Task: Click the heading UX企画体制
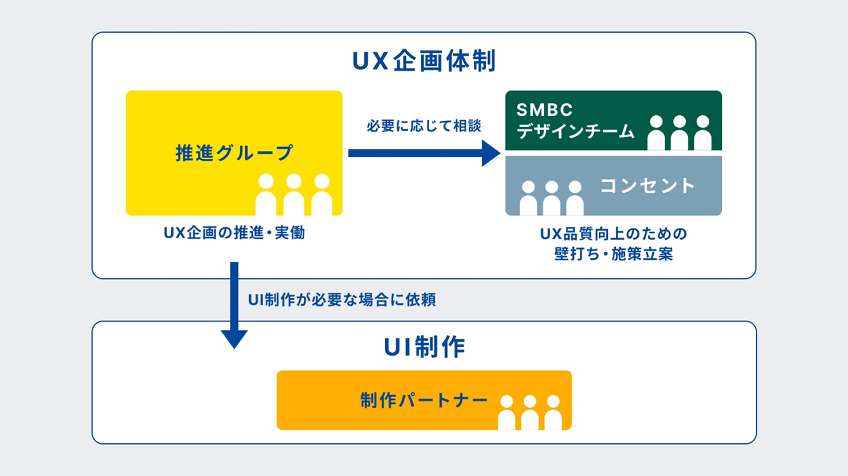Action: click(x=423, y=61)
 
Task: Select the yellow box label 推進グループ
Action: click(x=234, y=153)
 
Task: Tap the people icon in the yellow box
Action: click(x=293, y=195)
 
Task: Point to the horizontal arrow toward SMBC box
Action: click(x=424, y=153)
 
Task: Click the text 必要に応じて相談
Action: click(x=423, y=126)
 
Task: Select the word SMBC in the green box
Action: click(x=544, y=110)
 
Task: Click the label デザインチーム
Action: click(x=575, y=132)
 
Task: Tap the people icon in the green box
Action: click(x=679, y=133)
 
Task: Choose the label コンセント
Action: click(x=647, y=186)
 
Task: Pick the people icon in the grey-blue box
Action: click(x=551, y=198)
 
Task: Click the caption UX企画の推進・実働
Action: click(x=234, y=233)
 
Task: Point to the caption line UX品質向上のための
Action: click(x=613, y=234)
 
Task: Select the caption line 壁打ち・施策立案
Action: click(x=613, y=254)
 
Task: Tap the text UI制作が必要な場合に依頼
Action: click(x=341, y=300)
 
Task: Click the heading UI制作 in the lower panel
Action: click(x=424, y=348)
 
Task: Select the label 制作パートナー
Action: click(x=423, y=400)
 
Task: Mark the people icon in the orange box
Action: click(x=529, y=412)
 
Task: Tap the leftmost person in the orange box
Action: click(x=507, y=412)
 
